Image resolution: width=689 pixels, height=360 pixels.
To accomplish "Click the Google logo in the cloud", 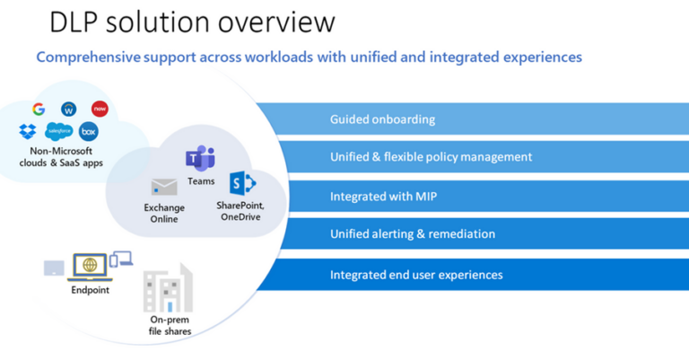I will coord(39,109).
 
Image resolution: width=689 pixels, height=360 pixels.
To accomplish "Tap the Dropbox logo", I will coord(28,131).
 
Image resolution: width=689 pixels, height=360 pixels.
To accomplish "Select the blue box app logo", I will coord(88,132).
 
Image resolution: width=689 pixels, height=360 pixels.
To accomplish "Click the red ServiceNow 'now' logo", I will coord(100,109).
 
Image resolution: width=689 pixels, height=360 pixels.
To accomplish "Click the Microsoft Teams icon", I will coord(199,160).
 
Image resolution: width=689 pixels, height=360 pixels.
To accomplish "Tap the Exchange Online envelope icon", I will coord(163,188).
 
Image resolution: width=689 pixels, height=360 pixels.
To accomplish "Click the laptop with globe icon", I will coord(89,266).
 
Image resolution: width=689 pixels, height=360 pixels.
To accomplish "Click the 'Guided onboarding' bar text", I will coord(382,119).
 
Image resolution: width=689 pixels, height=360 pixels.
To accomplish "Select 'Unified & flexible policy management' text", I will coord(431,157).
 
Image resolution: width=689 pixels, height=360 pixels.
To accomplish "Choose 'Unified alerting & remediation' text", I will coord(413,234).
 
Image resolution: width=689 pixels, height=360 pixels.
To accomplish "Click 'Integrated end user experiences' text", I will coord(416,274).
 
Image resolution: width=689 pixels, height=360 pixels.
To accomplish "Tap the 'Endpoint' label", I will coord(90,291).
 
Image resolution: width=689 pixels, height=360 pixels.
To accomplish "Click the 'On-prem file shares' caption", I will coord(170,325).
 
